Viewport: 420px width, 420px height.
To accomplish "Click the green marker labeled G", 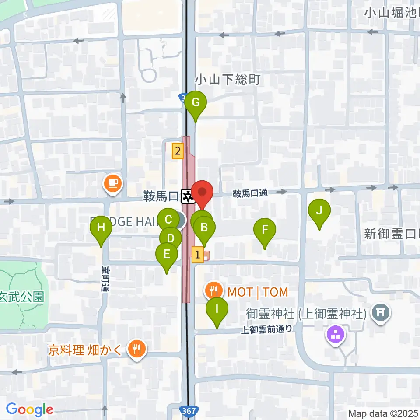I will click(x=195, y=104).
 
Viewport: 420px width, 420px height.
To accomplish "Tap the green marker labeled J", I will click(x=319, y=211).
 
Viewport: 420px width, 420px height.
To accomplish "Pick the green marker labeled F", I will click(x=265, y=230).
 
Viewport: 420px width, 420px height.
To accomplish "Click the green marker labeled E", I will click(x=166, y=255).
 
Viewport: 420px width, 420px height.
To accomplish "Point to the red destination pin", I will click(x=202, y=192).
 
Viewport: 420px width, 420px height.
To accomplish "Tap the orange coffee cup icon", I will click(x=113, y=182).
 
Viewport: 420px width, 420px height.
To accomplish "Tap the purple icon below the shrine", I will click(x=336, y=336).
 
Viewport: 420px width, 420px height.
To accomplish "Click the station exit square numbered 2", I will click(x=177, y=151).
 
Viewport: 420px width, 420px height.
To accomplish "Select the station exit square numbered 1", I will click(x=198, y=254).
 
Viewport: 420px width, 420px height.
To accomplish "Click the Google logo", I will click(x=29, y=409).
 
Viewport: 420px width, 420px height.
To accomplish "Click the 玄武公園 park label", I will click(x=22, y=297).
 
